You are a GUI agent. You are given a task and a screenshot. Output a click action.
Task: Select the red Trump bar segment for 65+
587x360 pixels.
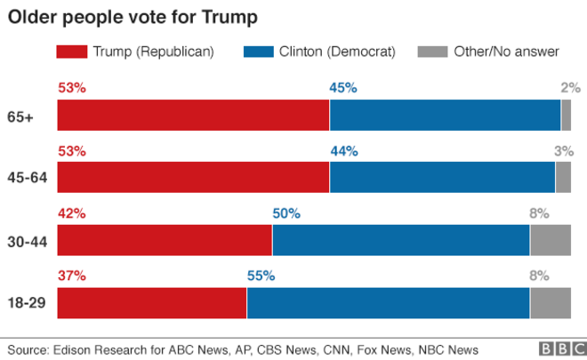pos(193,116)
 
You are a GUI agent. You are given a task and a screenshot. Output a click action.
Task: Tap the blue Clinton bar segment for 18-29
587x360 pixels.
pos(388,303)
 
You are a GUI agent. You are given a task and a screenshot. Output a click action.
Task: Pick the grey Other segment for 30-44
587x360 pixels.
pos(550,240)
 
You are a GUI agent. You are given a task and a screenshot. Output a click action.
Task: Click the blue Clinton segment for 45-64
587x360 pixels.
pos(442,178)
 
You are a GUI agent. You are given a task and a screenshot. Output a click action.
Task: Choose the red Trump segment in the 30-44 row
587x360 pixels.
pos(165,240)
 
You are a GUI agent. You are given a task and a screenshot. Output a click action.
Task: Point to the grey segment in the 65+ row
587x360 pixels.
pos(566,116)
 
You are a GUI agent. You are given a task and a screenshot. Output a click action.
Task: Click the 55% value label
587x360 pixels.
pos(261,276)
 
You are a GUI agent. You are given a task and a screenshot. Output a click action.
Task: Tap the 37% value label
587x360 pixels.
pos(71,276)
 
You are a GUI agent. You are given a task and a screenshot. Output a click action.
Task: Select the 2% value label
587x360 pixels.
pos(570,87)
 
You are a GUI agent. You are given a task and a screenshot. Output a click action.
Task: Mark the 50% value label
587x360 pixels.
pos(286,213)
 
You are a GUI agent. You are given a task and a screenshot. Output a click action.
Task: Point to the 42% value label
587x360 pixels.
pos(71,213)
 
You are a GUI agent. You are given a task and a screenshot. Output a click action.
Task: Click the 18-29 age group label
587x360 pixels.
pos(27,303)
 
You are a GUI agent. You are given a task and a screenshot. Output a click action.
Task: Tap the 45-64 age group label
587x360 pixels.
pos(27,179)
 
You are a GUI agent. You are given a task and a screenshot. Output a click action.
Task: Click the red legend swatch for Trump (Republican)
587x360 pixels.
pos(72,52)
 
